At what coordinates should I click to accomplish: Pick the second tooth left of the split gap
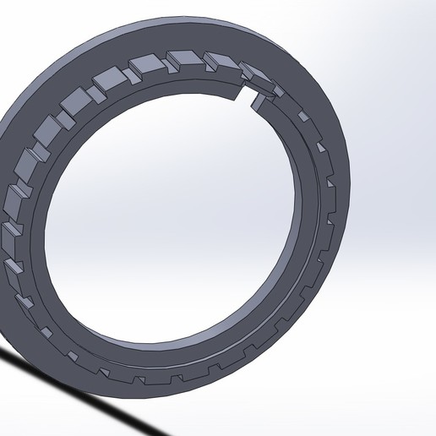[x=219, y=60]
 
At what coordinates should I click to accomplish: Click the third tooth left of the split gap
[x=183, y=60]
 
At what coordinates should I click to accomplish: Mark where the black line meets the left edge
[x=3, y=353]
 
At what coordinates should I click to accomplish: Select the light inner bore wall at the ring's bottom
[x=169, y=346]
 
